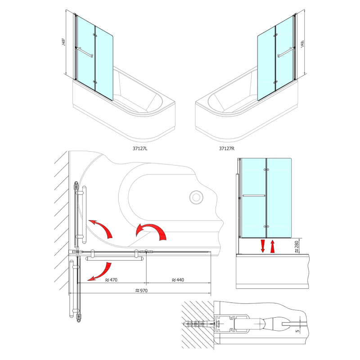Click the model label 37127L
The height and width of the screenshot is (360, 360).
[140, 148]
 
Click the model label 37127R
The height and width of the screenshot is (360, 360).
[227, 148]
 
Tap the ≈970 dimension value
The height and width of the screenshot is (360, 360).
[141, 291]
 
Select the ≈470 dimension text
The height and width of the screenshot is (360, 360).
[111, 280]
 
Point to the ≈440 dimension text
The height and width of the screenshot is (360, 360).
[178, 280]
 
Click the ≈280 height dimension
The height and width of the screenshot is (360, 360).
[297, 247]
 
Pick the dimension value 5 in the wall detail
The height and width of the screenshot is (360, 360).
[298, 331]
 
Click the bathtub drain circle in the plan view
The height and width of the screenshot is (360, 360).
[196, 197]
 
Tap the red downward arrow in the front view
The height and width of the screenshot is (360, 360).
[263, 246]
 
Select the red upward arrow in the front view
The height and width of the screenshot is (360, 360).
[273, 246]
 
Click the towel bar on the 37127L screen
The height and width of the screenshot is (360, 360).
[85, 52]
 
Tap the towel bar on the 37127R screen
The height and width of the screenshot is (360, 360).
[286, 52]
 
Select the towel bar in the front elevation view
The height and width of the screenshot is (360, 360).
[253, 196]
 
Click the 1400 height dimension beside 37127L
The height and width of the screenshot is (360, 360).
[64, 42]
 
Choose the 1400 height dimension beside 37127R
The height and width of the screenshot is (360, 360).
[302, 44]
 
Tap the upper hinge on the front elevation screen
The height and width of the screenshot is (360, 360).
[266, 170]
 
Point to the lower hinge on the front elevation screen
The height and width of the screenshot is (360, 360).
[266, 226]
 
